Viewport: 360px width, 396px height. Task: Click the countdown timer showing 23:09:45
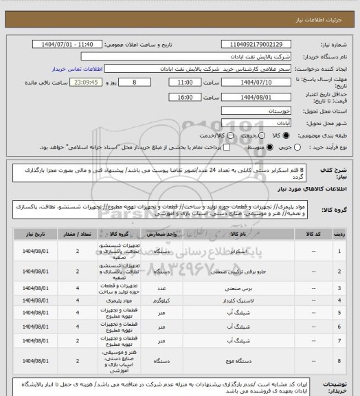[91, 80]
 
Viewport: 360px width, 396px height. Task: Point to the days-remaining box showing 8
[144, 80]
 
